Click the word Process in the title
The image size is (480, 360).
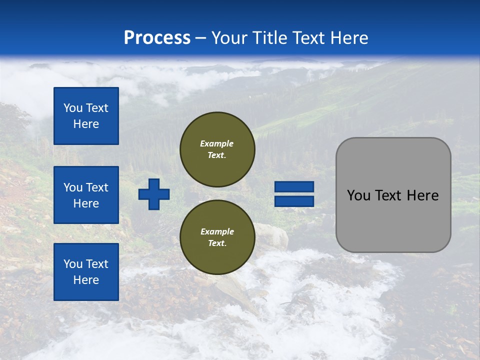[157, 38]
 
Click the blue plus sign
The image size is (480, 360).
[154, 194]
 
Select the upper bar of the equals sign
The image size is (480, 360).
[294, 186]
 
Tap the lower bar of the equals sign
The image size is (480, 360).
[294, 201]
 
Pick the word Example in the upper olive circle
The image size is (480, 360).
[217, 143]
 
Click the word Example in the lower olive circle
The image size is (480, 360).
[217, 231]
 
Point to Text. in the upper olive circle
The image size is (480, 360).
[217, 155]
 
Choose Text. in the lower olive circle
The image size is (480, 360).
[217, 243]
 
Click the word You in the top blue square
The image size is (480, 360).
[73, 108]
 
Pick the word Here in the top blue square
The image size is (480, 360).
[86, 124]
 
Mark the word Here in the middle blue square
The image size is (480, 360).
[86, 203]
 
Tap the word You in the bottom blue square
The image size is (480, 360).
[73, 264]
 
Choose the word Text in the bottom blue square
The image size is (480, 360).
[97, 264]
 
